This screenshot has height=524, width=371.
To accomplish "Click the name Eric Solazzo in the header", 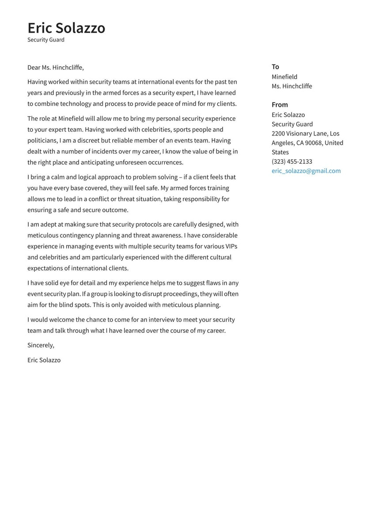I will (x=66, y=28).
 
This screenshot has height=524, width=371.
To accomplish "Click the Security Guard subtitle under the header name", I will (x=46, y=40).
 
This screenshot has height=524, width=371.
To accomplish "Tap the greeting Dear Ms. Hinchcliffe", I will (x=55, y=68).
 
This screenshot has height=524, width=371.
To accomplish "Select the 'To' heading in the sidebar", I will (x=275, y=67).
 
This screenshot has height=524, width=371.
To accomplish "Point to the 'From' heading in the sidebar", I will (x=280, y=105).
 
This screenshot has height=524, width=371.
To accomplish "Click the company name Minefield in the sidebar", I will (x=284, y=77).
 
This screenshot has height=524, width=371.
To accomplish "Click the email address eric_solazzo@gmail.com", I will (x=306, y=171).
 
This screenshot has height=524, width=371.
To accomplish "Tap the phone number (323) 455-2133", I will (x=291, y=162).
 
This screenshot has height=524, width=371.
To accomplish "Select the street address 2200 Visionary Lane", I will (x=299, y=133).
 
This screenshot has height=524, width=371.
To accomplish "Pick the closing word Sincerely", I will (x=41, y=345).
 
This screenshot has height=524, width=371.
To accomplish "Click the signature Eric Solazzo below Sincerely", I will (x=44, y=360).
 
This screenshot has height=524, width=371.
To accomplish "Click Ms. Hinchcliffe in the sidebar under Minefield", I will (x=291, y=86).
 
